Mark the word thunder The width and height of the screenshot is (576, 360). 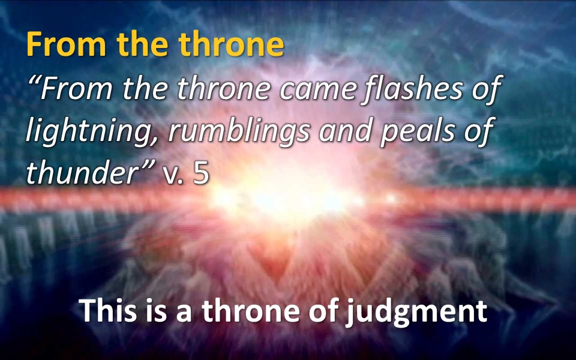click(82, 172)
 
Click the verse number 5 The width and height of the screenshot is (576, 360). click(201, 173)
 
